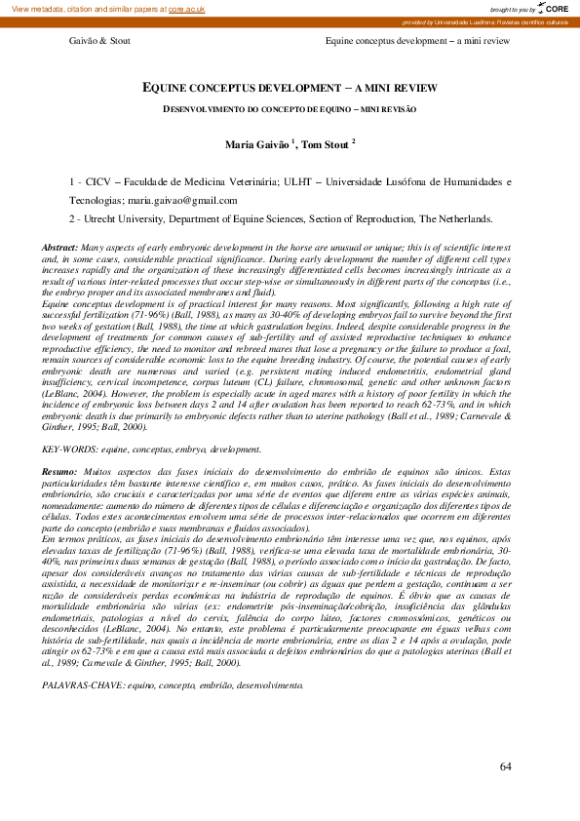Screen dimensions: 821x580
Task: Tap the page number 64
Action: point(505,766)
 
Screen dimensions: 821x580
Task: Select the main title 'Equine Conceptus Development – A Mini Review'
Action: point(290,88)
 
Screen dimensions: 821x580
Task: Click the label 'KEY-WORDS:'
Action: point(71,450)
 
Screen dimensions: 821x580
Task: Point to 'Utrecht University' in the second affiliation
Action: point(121,220)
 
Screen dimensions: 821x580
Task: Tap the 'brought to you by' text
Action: point(512,8)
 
